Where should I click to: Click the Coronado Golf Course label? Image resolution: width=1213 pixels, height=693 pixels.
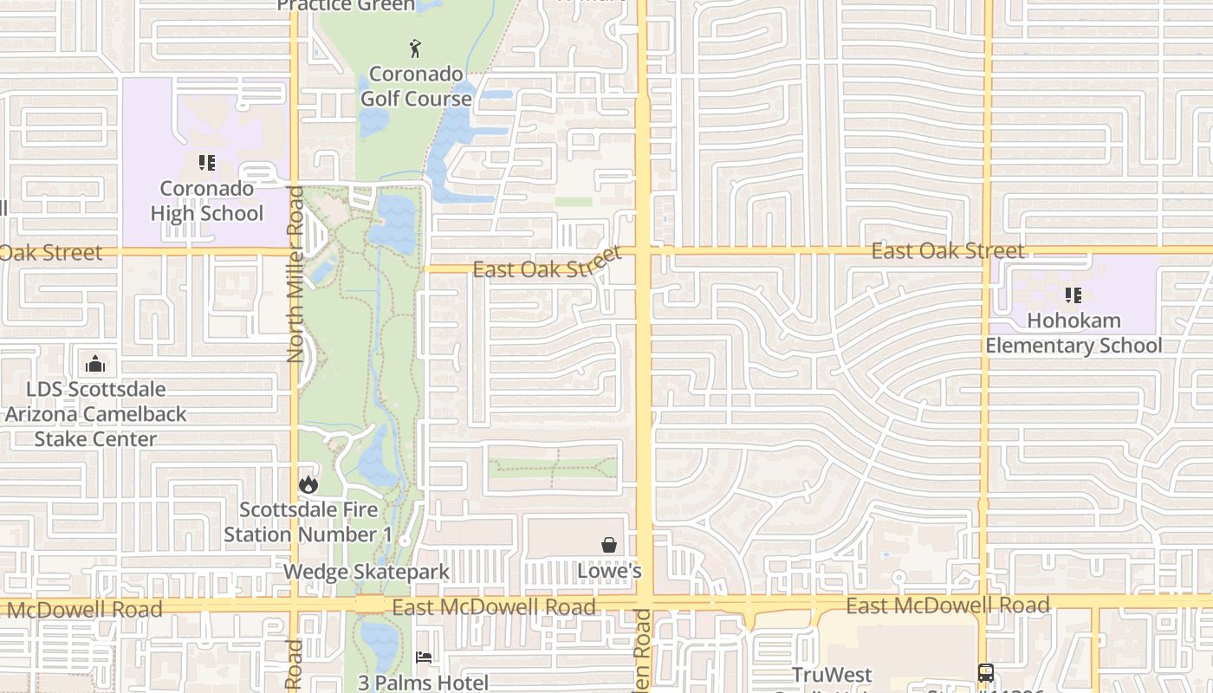pyautogui.click(x=416, y=86)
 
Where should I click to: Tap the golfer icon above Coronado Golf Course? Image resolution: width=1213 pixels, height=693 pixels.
pyautogui.click(x=416, y=49)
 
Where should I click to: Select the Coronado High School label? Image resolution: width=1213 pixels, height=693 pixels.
pyautogui.click(x=206, y=201)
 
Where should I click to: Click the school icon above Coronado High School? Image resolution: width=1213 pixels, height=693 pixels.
pyautogui.click(x=206, y=162)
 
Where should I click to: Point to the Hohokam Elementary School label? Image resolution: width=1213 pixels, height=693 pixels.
pyautogui.click(x=1074, y=333)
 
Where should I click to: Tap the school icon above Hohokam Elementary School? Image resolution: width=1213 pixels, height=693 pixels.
pyautogui.click(x=1074, y=295)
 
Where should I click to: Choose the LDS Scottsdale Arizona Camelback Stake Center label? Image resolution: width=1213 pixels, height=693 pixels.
pyautogui.click(x=95, y=414)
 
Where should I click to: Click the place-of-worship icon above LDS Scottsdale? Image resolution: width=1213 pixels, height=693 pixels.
pyautogui.click(x=95, y=364)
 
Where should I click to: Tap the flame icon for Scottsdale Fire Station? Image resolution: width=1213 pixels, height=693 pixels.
pyautogui.click(x=308, y=484)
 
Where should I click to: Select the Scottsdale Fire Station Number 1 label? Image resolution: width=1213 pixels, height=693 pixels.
pyautogui.click(x=308, y=521)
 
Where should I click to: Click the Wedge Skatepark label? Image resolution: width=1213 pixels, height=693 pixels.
pyautogui.click(x=366, y=572)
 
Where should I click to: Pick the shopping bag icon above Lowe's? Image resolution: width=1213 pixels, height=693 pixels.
pyautogui.click(x=609, y=545)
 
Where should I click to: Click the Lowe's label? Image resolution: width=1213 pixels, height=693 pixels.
pyautogui.click(x=609, y=571)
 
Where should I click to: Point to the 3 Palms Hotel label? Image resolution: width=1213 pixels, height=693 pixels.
pyautogui.click(x=424, y=683)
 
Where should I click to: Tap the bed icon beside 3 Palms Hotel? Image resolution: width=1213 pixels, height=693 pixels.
pyautogui.click(x=424, y=657)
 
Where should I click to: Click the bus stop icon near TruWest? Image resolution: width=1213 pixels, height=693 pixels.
pyautogui.click(x=986, y=672)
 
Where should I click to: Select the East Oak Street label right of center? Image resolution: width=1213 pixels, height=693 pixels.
pyautogui.click(x=948, y=251)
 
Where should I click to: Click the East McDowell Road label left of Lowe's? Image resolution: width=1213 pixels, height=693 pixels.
pyautogui.click(x=494, y=607)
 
